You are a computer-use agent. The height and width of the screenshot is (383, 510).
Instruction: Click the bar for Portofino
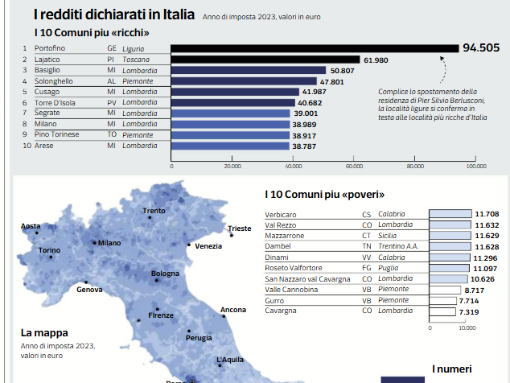click(315, 48)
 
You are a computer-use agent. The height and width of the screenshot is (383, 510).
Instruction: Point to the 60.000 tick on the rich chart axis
click(354, 167)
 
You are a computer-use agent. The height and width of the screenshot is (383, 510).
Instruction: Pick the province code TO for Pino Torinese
click(112, 135)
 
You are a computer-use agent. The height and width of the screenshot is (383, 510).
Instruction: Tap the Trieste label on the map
click(240, 229)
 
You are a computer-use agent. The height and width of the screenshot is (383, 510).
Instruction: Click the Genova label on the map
click(89, 290)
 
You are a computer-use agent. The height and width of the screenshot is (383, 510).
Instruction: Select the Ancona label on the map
click(233, 310)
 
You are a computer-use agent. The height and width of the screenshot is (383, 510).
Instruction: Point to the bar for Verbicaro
click(450, 214)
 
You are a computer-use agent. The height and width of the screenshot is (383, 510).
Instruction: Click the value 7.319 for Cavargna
click(468, 311)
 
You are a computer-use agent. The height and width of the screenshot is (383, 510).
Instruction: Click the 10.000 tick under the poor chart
click(467, 327)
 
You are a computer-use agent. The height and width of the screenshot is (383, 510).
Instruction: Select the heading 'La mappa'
click(44, 332)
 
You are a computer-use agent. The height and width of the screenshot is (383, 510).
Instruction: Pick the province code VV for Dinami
click(366, 257)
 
